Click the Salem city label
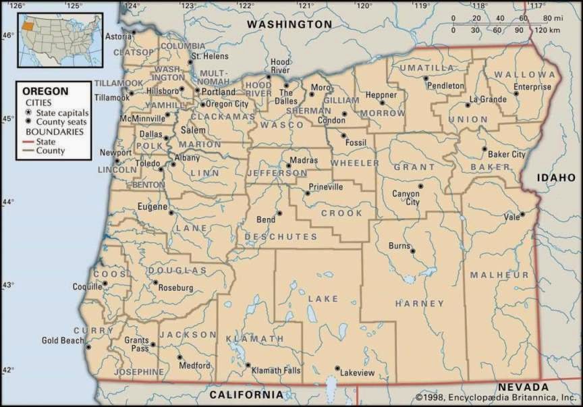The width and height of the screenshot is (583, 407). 193,130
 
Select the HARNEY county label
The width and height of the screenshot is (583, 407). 419,304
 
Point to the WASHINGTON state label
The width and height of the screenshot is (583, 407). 289,24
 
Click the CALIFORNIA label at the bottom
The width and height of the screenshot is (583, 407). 246,394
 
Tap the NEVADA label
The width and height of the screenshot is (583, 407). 523,387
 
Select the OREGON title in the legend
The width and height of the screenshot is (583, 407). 45,90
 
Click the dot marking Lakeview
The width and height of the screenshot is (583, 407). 337,369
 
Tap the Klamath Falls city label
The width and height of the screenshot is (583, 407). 276,371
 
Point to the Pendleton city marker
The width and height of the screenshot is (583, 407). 426,78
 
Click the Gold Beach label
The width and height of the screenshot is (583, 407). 63,340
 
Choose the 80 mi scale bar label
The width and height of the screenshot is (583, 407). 549,18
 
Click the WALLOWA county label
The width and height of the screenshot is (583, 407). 524,74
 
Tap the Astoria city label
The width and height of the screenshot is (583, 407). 118,36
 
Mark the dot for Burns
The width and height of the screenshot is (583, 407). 412,251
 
